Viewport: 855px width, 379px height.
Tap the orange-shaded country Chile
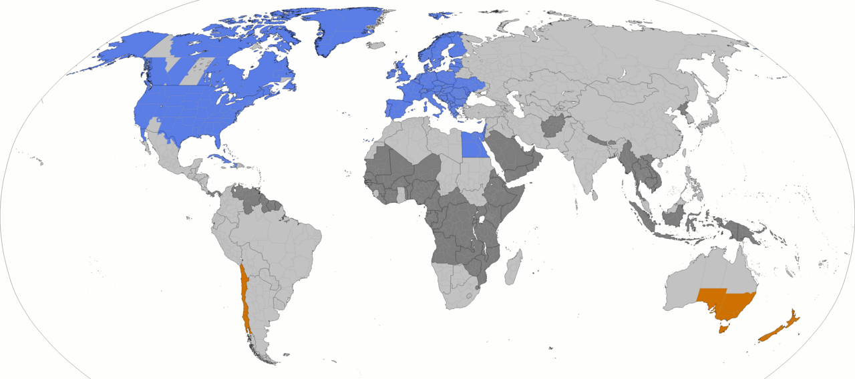click(245, 300)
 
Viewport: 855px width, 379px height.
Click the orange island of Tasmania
click(721, 327)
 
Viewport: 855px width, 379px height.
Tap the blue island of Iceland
click(375, 46)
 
